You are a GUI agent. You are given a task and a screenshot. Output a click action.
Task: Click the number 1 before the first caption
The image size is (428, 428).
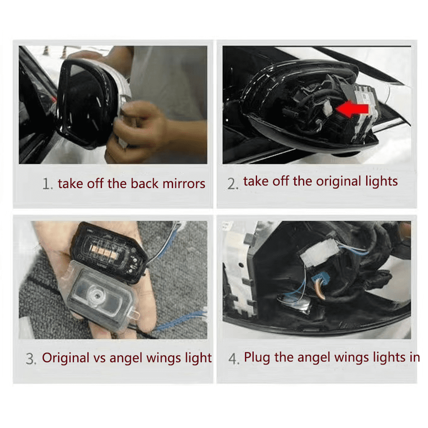pyautogui.click(x=46, y=184)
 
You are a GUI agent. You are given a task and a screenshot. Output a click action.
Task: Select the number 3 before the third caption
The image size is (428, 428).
pyautogui.click(x=30, y=359)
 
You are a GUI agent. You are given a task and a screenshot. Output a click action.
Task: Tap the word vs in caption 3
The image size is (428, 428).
pyautogui.click(x=99, y=358)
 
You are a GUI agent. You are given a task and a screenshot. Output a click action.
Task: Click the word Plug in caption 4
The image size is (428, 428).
pyautogui.click(x=257, y=358)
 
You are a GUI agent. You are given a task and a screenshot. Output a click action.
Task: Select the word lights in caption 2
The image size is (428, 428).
pyautogui.click(x=381, y=181)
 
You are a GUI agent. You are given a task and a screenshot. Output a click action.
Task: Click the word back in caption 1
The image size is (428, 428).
pyautogui.click(x=144, y=183)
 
